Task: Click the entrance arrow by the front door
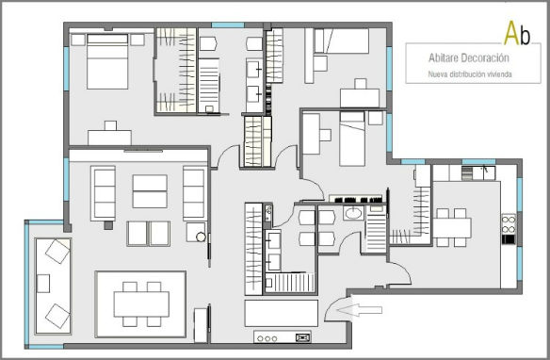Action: (x=359, y=310)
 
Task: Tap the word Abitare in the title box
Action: (x=443, y=57)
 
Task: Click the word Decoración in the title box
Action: (x=485, y=57)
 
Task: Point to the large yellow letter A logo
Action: (x=511, y=33)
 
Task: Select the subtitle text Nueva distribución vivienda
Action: (x=470, y=74)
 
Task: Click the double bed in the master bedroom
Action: (x=107, y=61)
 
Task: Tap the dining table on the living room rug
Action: (x=141, y=303)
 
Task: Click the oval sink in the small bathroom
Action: (x=353, y=213)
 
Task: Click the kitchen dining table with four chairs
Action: (x=452, y=228)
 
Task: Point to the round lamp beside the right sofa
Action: (x=201, y=237)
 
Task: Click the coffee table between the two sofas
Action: (x=150, y=191)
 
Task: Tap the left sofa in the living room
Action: (x=103, y=193)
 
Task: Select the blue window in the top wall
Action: (x=228, y=25)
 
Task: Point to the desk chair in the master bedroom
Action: (x=110, y=125)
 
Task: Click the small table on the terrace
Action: (x=43, y=284)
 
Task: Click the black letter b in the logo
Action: (x=526, y=36)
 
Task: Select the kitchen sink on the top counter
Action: (x=484, y=173)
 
